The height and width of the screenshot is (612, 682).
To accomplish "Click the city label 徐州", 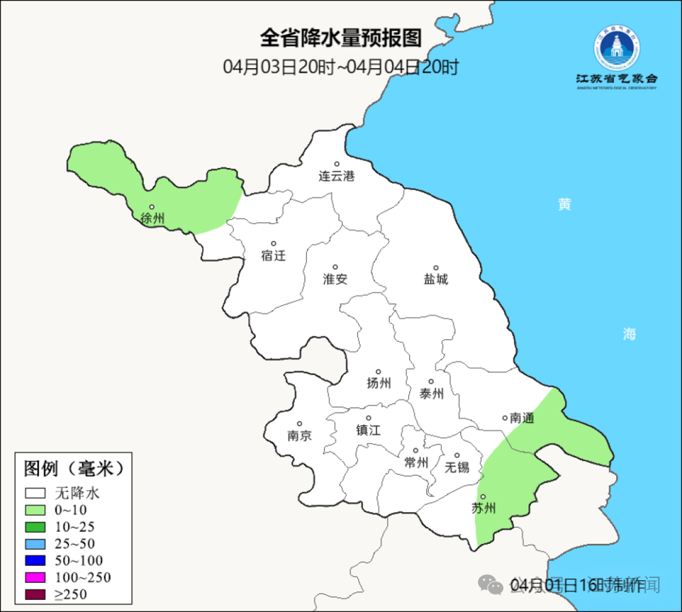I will [153, 219].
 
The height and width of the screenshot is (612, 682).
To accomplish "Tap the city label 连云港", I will [337, 176].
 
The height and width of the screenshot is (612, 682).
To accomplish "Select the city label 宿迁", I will [273, 256].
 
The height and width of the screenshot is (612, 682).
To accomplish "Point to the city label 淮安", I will [335, 279].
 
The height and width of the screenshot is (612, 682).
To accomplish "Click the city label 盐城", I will [436, 279].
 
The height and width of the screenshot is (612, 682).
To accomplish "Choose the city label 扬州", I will [379, 383].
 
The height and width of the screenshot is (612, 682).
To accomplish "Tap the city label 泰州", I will [431, 393].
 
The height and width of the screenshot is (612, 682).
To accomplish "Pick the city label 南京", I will [299, 436].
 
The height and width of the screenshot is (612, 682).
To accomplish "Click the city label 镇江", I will [368, 429].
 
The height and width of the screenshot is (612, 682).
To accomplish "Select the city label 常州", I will [416, 463].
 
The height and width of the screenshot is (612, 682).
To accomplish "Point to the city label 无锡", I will [457, 467].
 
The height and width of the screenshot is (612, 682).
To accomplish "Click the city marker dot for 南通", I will [505, 417].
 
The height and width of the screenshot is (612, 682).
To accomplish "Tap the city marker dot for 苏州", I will [482, 497].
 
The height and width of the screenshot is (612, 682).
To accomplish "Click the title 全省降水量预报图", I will [340, 39].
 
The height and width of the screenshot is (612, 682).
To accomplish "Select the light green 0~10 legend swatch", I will [35, 510].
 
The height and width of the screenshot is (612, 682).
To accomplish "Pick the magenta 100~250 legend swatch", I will [35, 577].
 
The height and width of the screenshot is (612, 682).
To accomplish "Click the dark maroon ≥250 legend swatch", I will [35, 594].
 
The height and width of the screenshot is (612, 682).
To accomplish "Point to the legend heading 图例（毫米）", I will [74, 469].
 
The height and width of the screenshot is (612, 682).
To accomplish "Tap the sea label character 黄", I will [565, 204].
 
